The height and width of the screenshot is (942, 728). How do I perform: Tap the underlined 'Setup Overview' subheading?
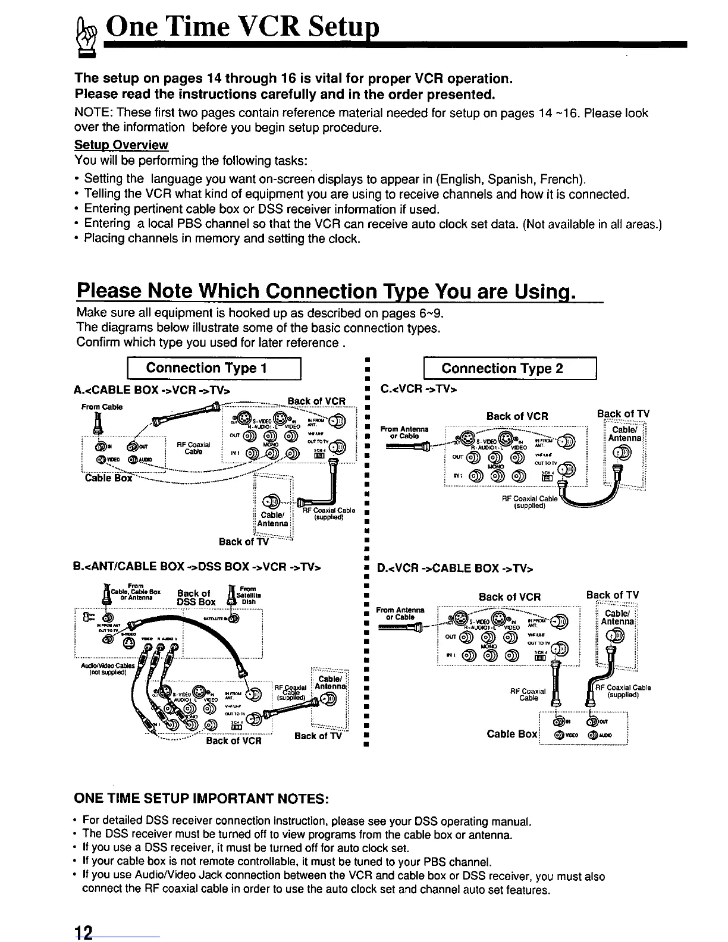pyautogui.click(x=121, y=145)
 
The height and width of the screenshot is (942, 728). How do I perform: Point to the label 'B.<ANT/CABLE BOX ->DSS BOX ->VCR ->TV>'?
pyautogui.click(x=197, y=567)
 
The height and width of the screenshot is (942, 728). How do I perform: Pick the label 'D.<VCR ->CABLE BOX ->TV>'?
pyautogui.click(x=455, y=569)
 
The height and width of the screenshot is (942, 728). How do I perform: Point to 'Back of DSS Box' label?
pyautogui.click(x=196, y=596)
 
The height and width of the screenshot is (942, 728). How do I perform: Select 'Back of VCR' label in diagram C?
pyautogui.click(x=517, y=416)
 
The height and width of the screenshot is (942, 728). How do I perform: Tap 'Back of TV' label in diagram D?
pyautogui.click(x=613, y=595)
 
